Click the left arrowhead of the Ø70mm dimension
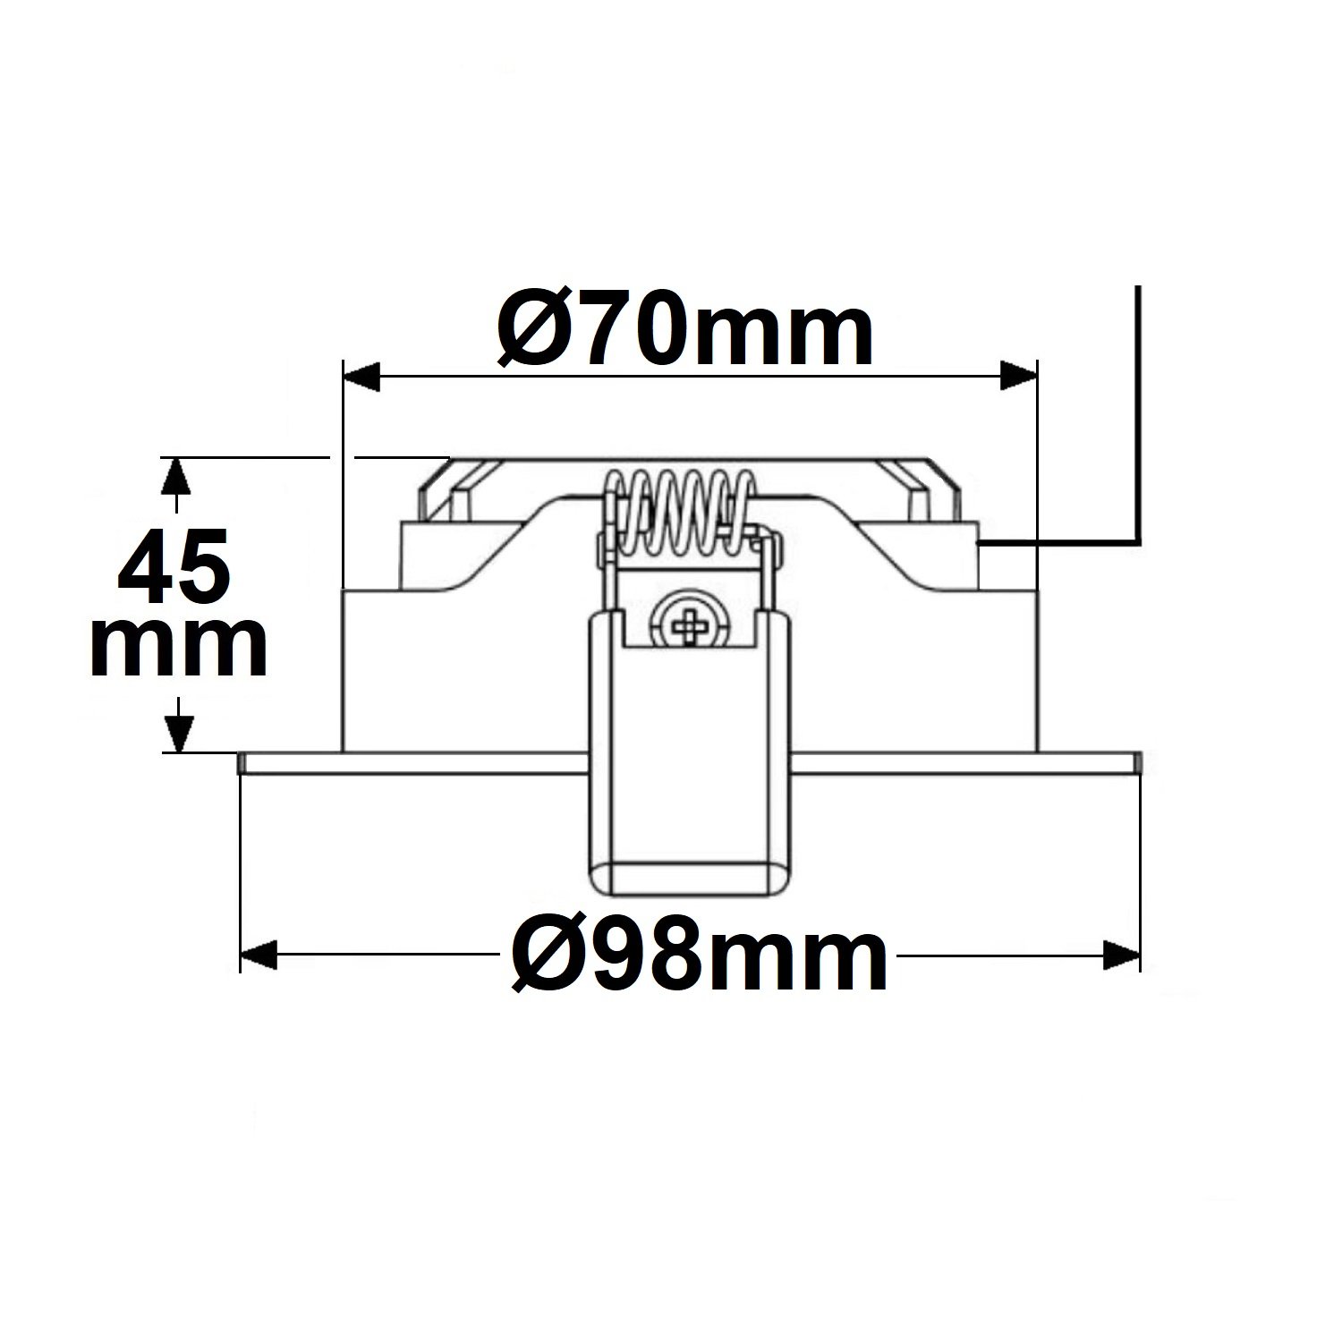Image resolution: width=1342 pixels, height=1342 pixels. [x=362, y=377]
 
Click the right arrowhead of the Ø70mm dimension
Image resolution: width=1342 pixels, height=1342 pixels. [x=1018, y=377]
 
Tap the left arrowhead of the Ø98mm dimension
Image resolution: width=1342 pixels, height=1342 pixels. [x=259, y=956]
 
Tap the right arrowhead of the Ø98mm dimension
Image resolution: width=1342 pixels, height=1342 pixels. [x=1122, y=956]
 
